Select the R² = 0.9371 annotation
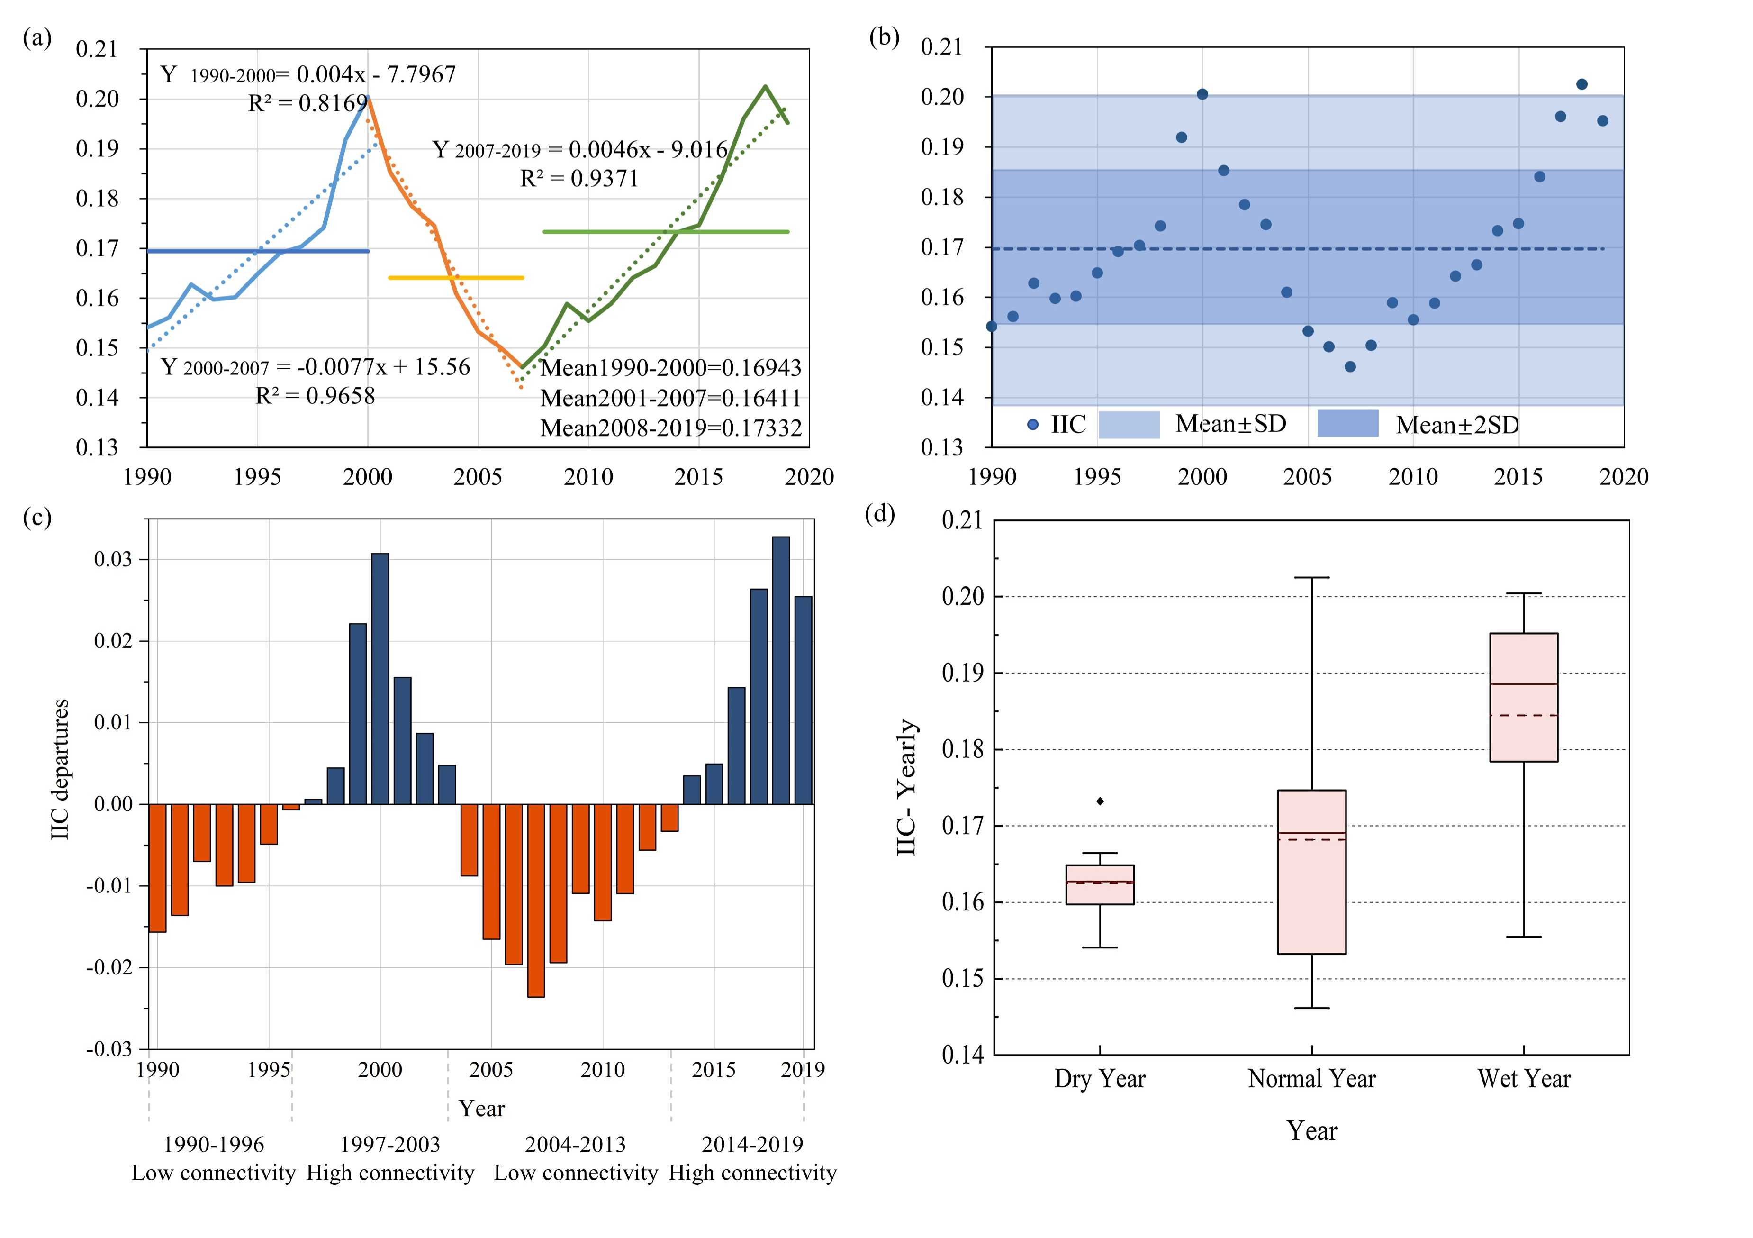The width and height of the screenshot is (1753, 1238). point(579,179)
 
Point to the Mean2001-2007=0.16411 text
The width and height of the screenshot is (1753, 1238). point(670,398)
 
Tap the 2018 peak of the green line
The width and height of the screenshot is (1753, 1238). point(765,86)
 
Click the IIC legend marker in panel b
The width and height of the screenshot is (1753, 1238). point(1033,425)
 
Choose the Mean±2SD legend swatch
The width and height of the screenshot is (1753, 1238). point(1347,423)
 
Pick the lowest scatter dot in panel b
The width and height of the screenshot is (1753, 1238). point(1350,366)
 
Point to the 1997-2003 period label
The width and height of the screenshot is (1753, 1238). point(389,1144)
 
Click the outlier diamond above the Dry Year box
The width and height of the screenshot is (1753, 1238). point(1100,801)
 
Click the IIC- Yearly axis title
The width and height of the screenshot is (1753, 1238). point(906,787)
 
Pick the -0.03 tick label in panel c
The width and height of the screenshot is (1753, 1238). point(109,1048)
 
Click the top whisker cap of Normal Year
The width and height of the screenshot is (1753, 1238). point(1312,577)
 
